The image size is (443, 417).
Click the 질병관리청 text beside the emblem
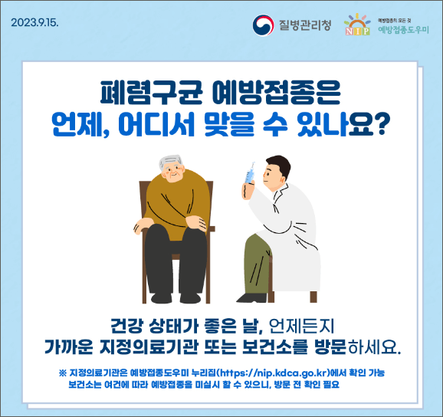(x=305, y=25)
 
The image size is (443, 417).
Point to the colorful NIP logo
(x=358, y=25)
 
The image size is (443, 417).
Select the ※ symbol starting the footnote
(x=61, y=373)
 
